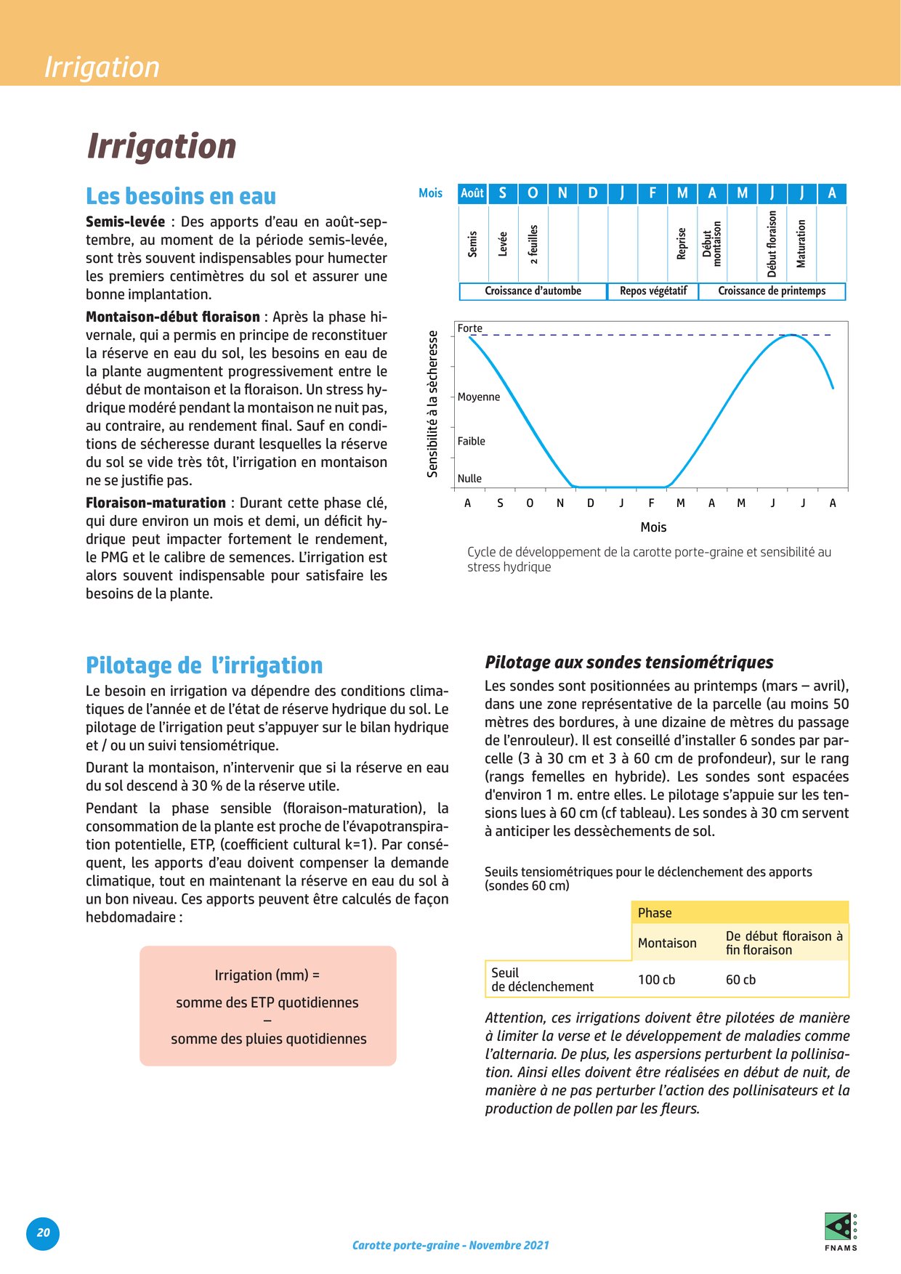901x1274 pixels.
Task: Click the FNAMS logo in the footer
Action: (841, 1232)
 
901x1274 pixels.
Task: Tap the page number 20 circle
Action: (44, 1233)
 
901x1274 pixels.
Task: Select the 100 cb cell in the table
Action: (657, 980)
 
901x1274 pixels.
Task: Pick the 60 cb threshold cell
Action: (740, 980)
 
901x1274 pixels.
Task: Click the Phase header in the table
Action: (655, 913)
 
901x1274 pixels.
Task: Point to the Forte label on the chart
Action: (469, 328)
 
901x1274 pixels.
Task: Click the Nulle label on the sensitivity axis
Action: (469, 479)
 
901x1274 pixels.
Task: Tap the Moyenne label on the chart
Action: (479, 397)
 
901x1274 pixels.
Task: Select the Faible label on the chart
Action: (472, 441)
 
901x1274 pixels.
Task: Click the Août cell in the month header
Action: (472, 193)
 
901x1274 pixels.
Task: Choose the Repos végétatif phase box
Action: (653, 291)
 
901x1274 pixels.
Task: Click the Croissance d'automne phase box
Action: (533, 291)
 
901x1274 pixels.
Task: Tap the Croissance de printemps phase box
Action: (772, 291)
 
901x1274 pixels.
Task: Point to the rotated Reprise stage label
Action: (682, 243)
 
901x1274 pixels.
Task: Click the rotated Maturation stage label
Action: (801, 243)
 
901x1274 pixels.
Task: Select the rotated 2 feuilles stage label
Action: (533, 243)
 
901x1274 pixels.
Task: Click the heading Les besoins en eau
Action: (181, 196)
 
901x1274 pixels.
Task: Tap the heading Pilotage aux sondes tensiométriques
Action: (629, 662)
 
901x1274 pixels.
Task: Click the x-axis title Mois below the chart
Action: (653, 527)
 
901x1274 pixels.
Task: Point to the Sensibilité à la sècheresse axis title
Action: (433, 404)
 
